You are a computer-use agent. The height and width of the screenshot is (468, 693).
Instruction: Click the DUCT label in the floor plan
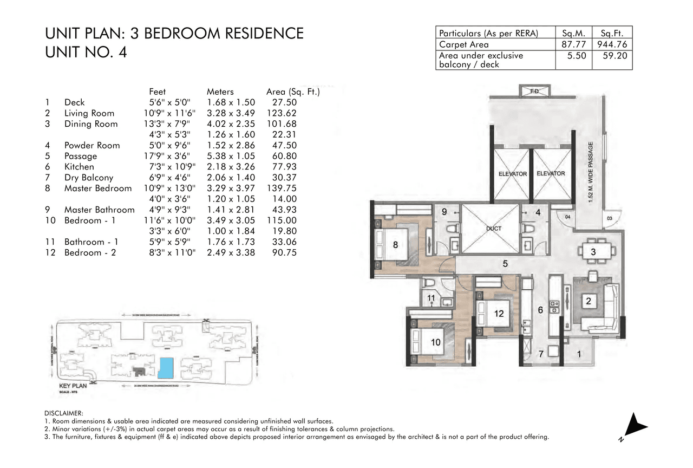(x=493, y=229)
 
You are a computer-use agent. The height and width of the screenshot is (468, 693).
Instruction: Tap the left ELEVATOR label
(x=513, y=174)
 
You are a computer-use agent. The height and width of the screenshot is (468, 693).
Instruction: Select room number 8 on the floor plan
(x=395, y=245)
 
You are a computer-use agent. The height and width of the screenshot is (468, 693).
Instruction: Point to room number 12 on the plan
(x=499, y=313)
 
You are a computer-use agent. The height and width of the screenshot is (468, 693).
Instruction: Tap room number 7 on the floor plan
(x=539, y=354)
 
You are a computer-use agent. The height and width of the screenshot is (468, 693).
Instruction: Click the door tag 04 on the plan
(x=567, y=218)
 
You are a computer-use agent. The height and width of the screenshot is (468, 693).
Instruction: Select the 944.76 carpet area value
(x=612, y=44)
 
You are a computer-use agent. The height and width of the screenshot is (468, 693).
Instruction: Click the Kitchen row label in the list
(x=79, y=167)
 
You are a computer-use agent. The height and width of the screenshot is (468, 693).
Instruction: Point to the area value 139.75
(x=282, y=188)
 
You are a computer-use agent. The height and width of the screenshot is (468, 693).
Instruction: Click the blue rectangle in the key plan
(x=165, y=368)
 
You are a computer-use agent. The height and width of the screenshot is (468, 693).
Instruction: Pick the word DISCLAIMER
(x=64, y=413)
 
